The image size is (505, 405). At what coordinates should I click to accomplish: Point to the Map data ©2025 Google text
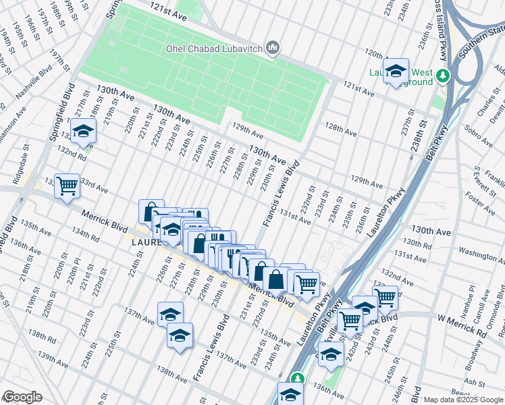pyautogui.click(x=462, y=400)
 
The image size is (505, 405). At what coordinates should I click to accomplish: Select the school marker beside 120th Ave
pyautogui.click(x=396, y=71)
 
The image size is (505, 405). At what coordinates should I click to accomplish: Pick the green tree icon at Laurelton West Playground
pyautogui.click(x=443, y=75)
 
